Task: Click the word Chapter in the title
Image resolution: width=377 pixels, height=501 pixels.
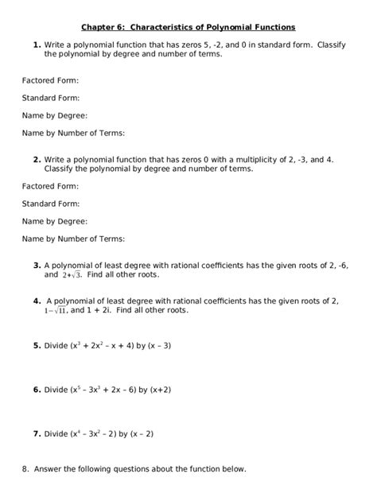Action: click(x=99, y=26)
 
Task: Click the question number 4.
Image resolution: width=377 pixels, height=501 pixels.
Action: click(x=37, y=301)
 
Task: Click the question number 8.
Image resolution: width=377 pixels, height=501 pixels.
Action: click(x=26, y=469)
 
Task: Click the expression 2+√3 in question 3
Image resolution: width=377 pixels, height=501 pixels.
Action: click(x=71, y=275)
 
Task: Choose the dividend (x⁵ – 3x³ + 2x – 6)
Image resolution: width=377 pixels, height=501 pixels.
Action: click(x=103, y=390)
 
